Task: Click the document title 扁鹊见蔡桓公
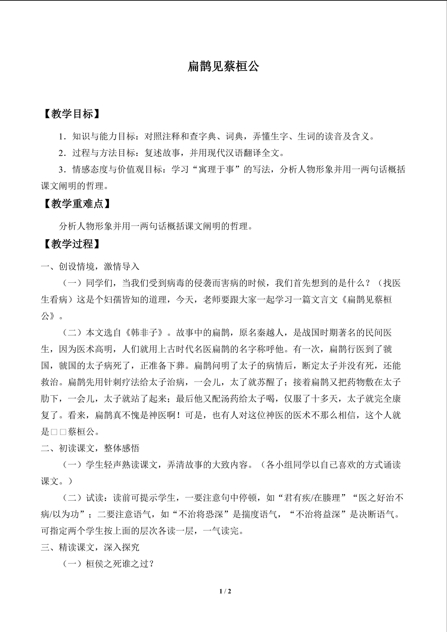[x=223, y=66]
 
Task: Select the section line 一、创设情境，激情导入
[x=90, y=267]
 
